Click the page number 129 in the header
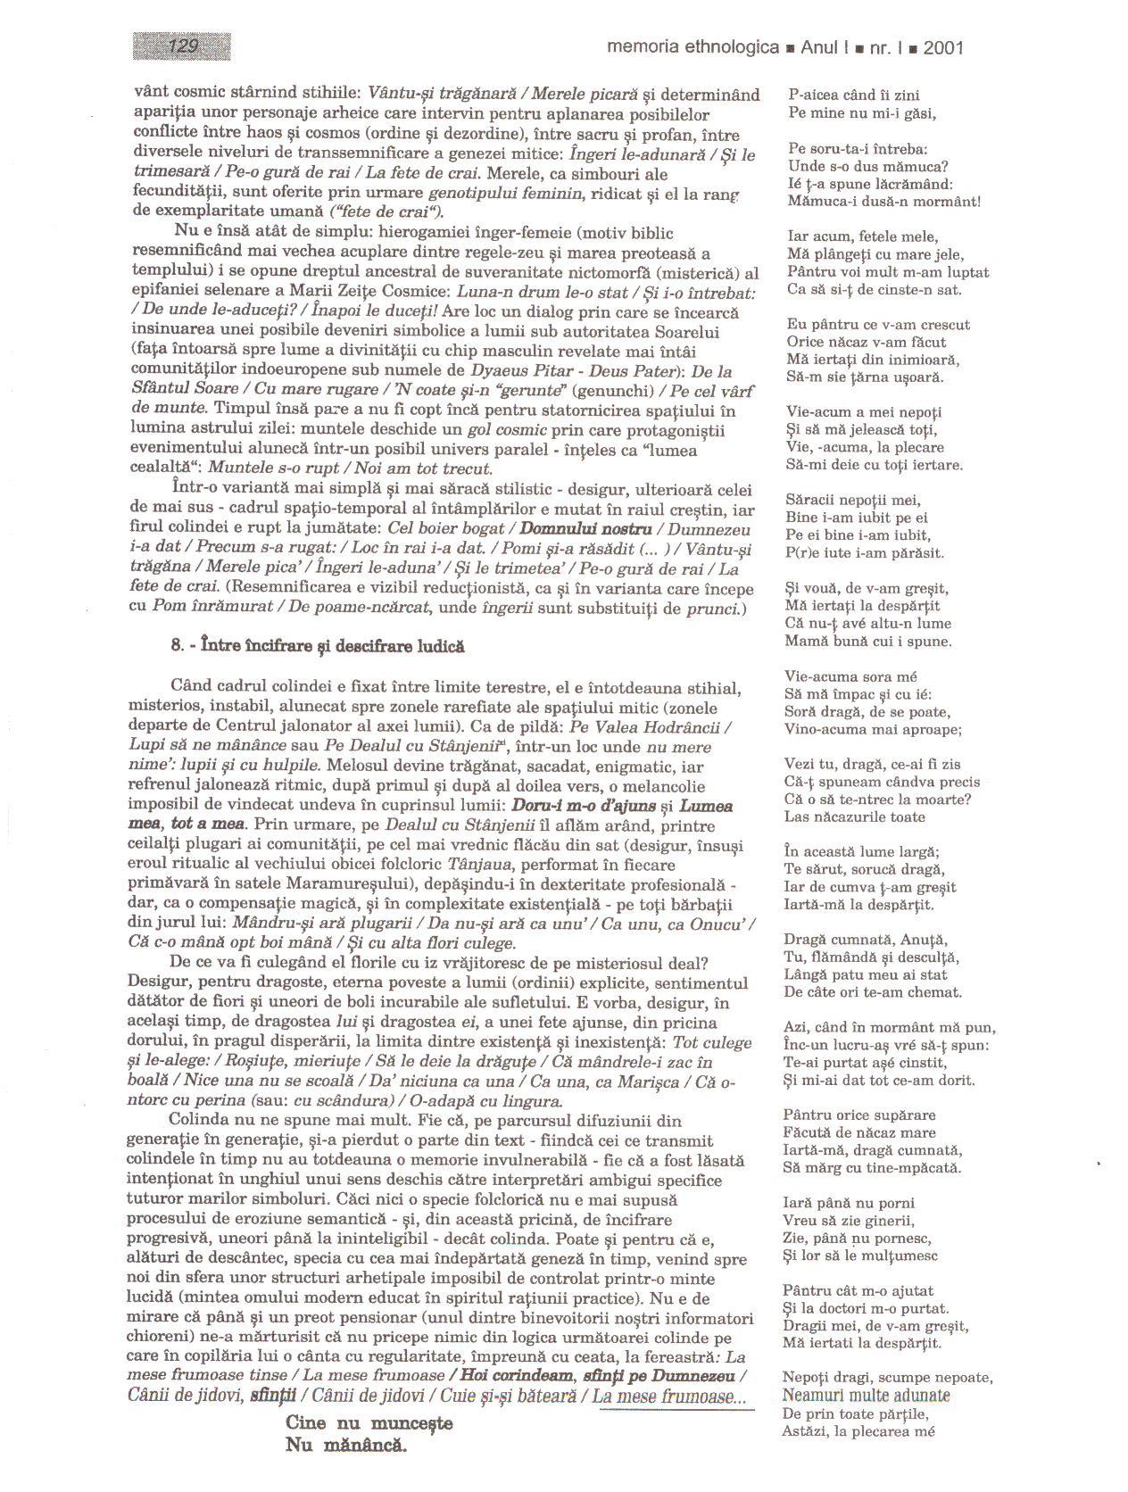(182, 46)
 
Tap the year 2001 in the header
(943, 48)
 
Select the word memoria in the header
(643, 47)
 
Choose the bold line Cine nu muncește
(369, 1423)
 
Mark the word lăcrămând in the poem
(909, 184)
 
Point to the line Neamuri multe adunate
(866, 1396)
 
